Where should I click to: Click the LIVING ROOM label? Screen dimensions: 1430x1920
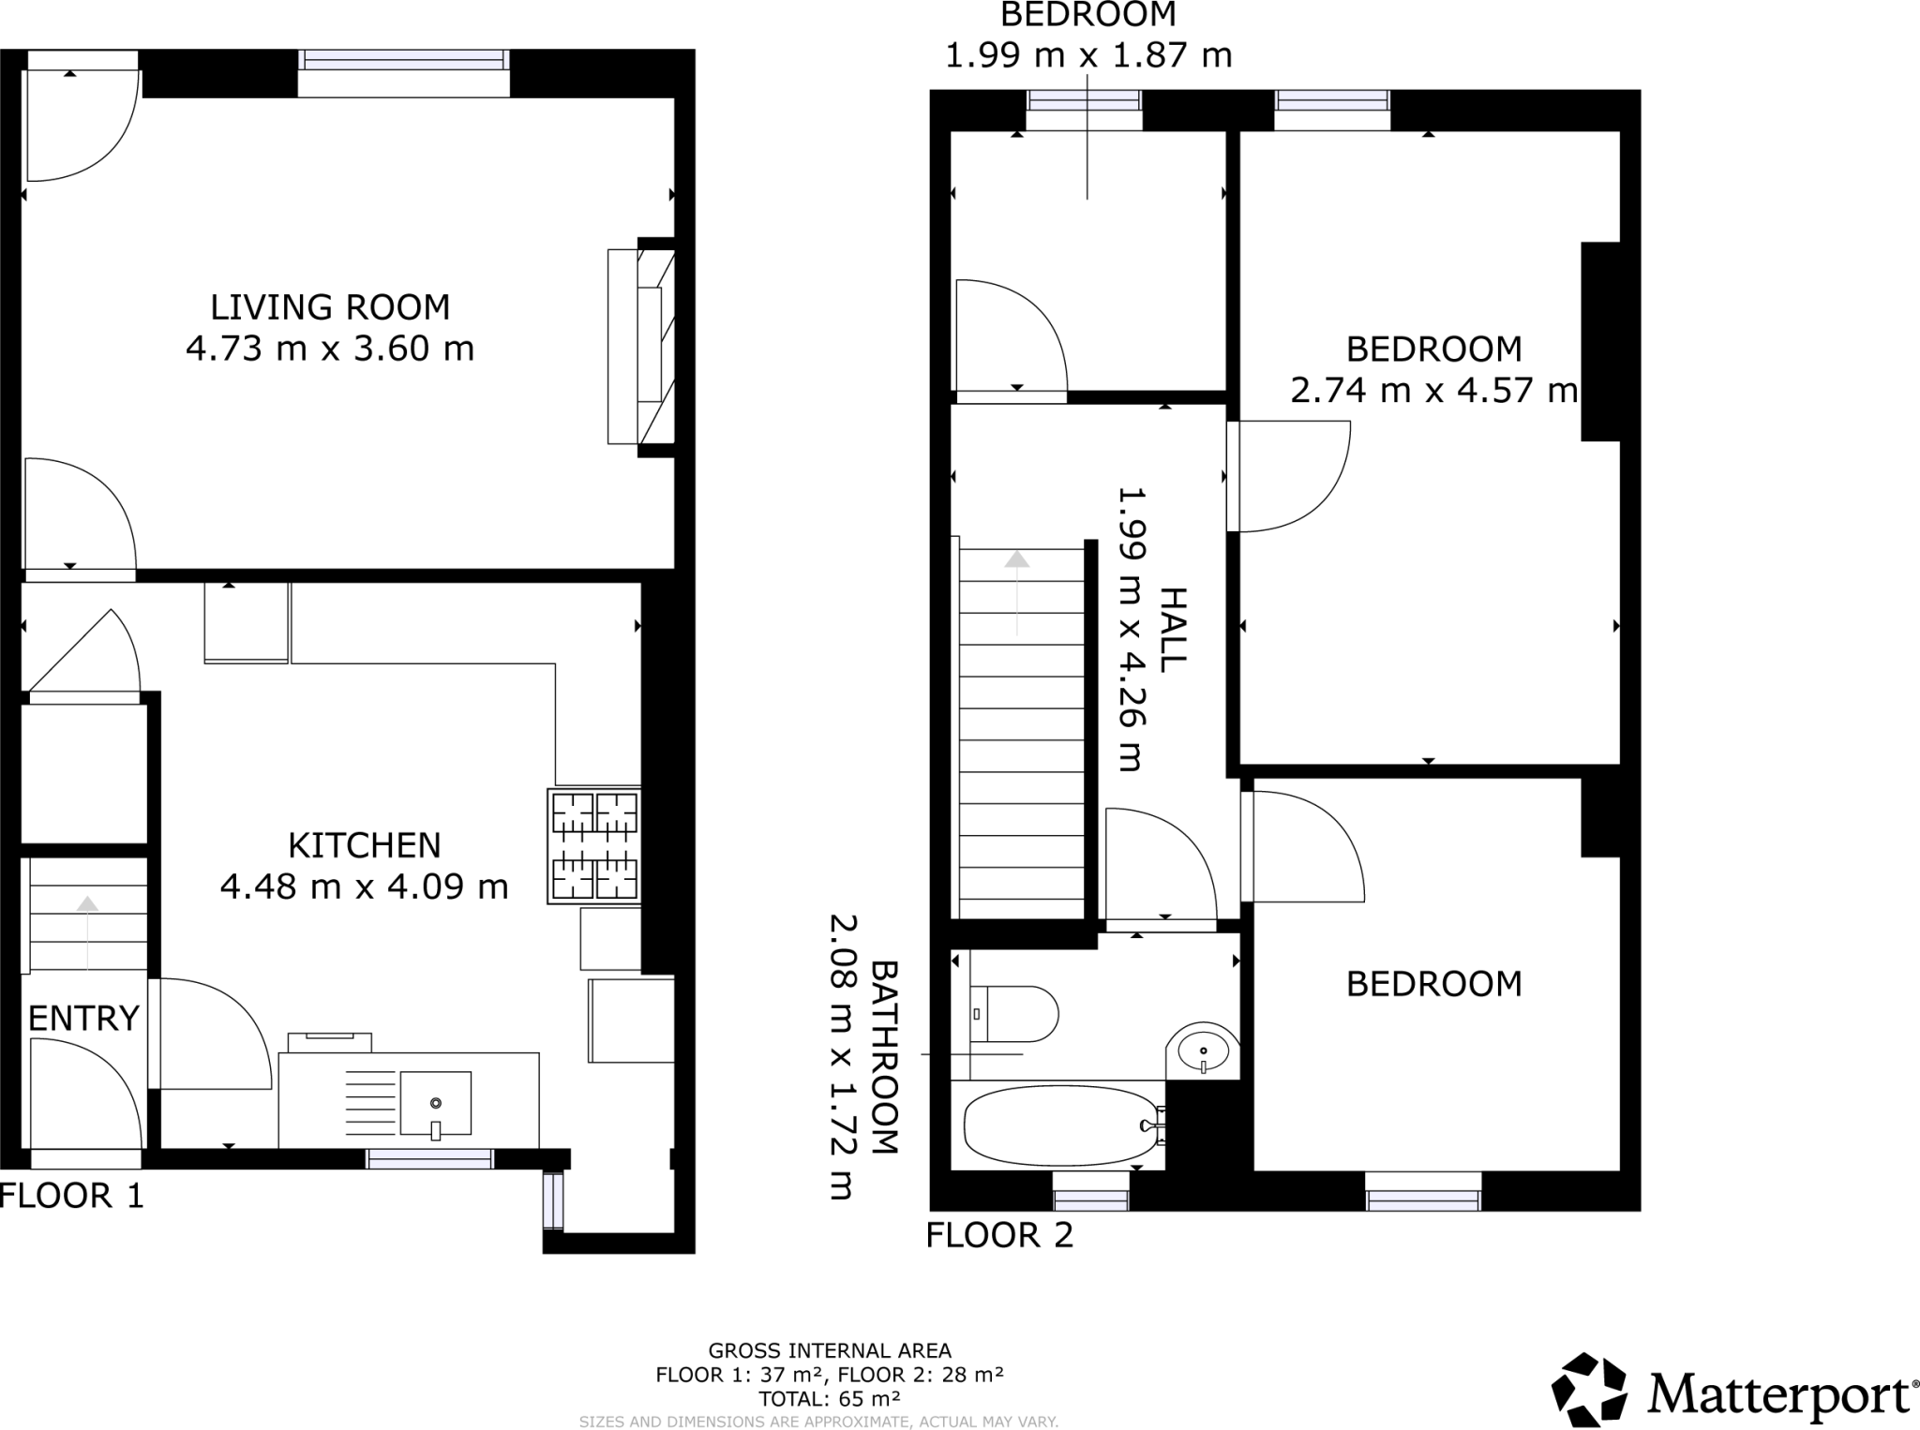(330, 307)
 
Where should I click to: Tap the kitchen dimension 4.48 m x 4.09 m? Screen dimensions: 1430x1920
(364, 886)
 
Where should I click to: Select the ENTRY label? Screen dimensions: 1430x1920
(83, 1019)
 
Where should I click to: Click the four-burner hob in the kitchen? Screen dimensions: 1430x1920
(594, 846)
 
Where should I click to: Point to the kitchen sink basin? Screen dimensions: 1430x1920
(435, 1103)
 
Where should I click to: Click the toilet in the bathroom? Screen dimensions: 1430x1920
(1012, 1014)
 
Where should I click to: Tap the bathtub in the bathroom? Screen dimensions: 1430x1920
(1059, 1125)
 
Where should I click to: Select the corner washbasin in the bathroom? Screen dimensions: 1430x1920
(1203, 1050)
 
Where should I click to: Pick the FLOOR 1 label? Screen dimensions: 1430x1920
(72, 1197)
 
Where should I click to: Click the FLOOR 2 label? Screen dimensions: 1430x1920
(999, 1236)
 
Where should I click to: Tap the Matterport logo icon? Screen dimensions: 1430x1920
(1588, 1390)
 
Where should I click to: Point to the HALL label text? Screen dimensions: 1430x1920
(1173, 629)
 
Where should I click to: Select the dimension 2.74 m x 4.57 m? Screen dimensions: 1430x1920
(1433, 390)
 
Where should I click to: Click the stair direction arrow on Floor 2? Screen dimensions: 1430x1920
(1017, 590)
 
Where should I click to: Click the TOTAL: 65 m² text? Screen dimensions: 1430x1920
(830, 1399)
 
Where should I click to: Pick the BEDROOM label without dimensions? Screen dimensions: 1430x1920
(1433, 984)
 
